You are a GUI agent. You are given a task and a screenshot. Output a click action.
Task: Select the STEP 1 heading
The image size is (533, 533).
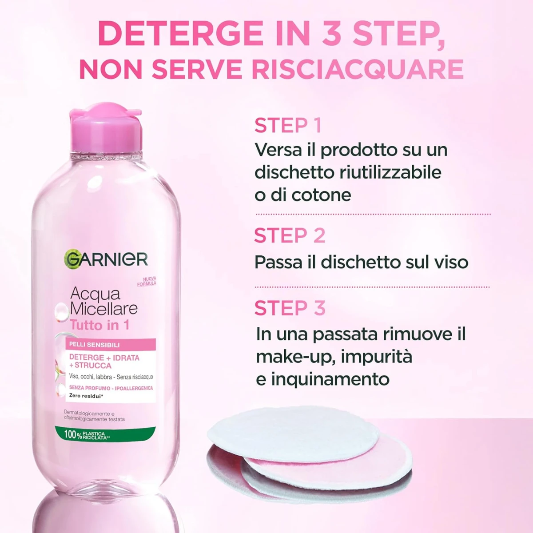click(x=288, y=125)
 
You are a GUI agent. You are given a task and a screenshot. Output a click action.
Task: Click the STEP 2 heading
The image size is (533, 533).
click(x=290, y=235)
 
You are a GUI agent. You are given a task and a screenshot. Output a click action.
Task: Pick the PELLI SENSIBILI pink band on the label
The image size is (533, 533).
click(x=110, y=345)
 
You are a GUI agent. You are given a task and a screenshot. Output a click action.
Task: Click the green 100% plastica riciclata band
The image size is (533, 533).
click(x=105, y=434)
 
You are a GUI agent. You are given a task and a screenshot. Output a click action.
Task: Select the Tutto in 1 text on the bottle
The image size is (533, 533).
click(x=99, y=325)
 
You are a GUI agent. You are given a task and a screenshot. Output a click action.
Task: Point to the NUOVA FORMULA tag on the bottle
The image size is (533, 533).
click(x=147, y=282)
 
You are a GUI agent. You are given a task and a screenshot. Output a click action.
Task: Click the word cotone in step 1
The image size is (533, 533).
click(x=322, y=195)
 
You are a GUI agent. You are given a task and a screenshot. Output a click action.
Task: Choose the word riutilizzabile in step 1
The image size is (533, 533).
click(x=390, y=172)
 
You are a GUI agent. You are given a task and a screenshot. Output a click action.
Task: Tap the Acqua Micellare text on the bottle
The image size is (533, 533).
click(x=104, y=302)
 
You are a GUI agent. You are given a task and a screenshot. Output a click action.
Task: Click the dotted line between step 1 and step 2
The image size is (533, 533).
click(x=373, y=214)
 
